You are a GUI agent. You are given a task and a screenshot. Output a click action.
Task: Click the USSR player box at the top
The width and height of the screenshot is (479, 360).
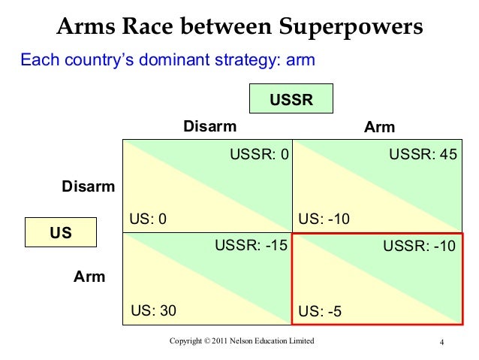tap(291, 99)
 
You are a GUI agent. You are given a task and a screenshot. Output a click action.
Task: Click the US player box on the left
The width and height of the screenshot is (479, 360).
tap(61, 233)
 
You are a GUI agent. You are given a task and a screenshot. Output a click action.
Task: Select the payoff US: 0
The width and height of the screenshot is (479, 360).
tap(147, 219)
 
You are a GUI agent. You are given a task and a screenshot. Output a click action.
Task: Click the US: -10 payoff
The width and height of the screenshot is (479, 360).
tap(324, 219)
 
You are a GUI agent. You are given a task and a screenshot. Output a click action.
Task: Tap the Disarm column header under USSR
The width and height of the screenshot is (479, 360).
tap(209, 126)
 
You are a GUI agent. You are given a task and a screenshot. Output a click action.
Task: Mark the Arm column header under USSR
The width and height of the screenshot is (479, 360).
tap(379, 127)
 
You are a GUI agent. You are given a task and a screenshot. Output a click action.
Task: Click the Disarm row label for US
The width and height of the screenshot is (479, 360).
tap(88, 186)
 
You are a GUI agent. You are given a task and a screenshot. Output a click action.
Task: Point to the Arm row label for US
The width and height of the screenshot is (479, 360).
tap(89, 277)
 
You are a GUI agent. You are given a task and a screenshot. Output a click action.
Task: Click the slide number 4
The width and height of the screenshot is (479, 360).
tap(443, 344)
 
